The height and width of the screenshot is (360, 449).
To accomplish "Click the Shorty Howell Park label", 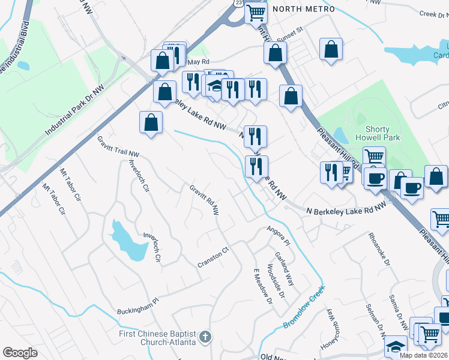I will coord(377,134).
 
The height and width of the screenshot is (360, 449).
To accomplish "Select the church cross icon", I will coord(205,337).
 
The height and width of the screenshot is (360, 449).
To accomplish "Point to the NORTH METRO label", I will coord(303,9).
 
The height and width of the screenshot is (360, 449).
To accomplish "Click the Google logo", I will coord(20,353).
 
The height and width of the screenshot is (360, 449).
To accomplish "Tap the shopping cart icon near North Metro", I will coord(256,12).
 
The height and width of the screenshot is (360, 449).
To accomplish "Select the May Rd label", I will coord(198,62).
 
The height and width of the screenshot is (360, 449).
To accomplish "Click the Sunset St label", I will coord(291,37).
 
